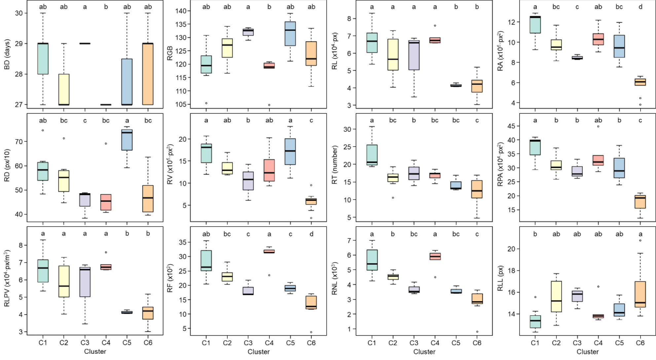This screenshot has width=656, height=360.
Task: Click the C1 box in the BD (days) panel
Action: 43,59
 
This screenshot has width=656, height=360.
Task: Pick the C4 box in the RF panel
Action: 269,251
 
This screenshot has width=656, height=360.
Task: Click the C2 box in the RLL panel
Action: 556,296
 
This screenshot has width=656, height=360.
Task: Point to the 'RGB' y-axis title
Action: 170,53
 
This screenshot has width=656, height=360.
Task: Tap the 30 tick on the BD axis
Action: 19,13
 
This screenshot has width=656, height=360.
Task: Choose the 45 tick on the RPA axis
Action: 511,126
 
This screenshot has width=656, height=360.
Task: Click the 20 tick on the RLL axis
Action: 511,249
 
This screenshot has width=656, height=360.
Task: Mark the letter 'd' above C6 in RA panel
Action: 640,7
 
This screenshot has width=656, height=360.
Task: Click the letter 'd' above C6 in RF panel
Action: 311,234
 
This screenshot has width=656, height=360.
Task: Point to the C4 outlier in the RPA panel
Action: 598,126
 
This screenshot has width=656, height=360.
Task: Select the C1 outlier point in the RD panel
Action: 43,130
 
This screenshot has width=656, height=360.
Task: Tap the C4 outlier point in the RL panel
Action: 435,25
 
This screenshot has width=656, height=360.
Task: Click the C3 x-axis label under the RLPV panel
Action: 85,342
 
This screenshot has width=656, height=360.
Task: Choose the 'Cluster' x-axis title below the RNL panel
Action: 424,352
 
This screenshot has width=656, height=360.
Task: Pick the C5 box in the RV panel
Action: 290,152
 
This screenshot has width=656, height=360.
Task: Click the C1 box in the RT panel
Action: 372,155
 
